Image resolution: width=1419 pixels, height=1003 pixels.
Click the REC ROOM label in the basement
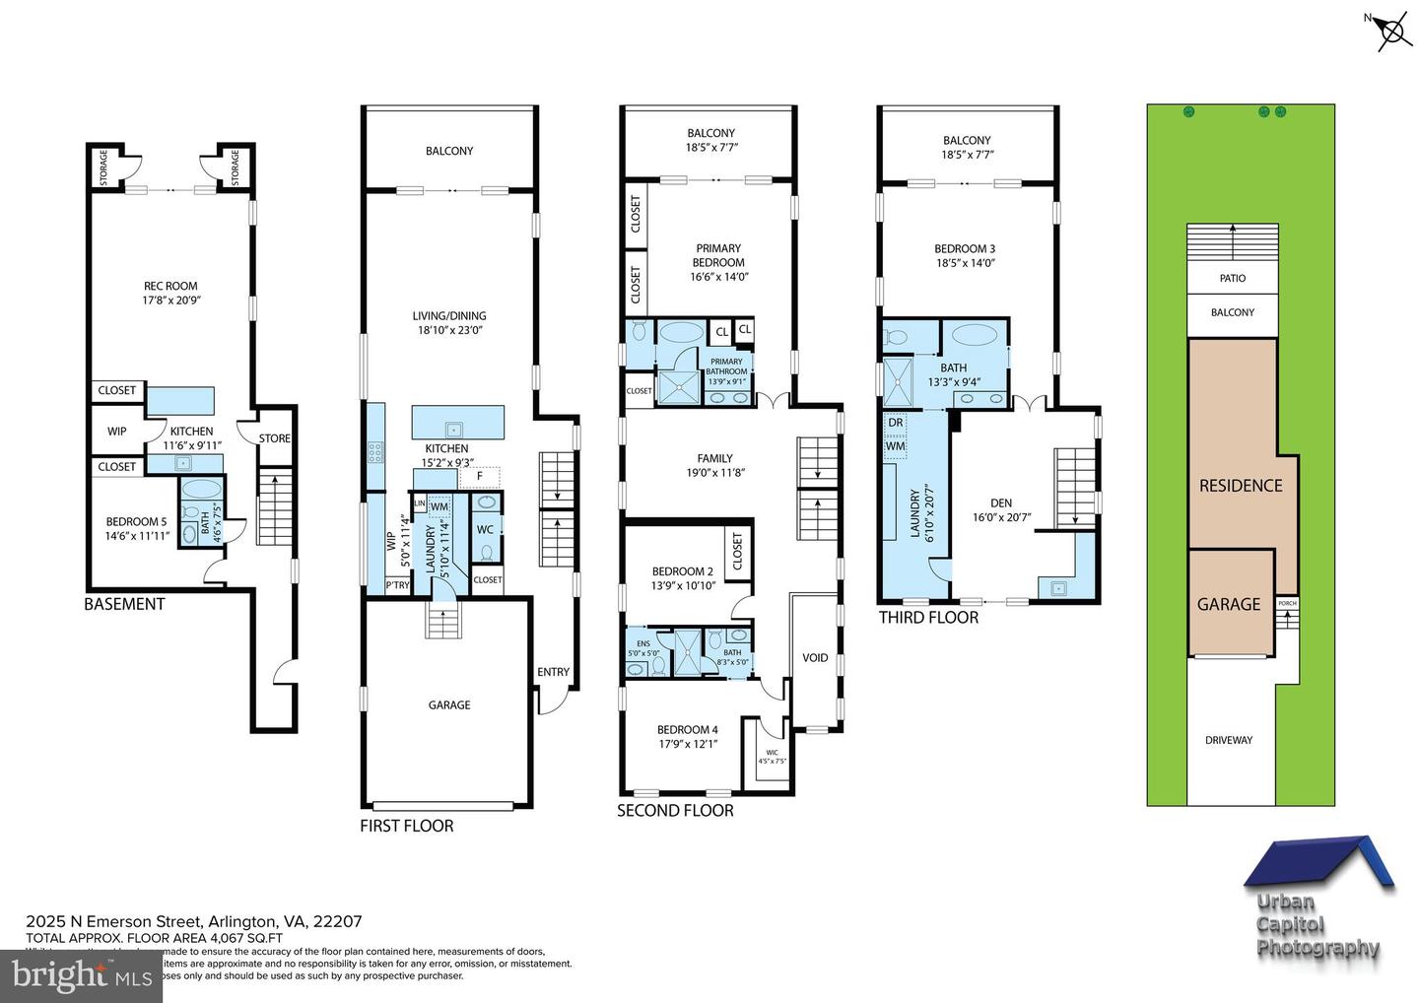(x=169, y=287)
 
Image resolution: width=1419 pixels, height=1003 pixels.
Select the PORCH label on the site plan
(x=1287, y=603)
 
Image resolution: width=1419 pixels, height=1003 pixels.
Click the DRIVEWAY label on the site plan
(x=1229, y=740)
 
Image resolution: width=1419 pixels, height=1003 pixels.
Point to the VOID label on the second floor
(x=815, y=658)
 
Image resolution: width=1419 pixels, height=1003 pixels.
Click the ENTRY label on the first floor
(x=553, y=672)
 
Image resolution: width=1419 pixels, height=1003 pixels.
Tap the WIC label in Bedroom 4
(x=772, y=753)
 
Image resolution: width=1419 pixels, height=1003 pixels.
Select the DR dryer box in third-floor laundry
(x=895, y=423)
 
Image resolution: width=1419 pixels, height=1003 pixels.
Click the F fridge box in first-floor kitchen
(x=480, y=476)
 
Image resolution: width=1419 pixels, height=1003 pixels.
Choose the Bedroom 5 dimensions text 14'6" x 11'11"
(x=137, y=536)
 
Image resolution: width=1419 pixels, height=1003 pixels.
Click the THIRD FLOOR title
(x=928, y=618)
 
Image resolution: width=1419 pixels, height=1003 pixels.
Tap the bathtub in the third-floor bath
(x=975, y=333)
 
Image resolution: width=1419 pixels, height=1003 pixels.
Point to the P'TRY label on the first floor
(x=397, y=585)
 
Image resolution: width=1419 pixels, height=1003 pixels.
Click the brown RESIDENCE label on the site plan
(x=1241, y=486)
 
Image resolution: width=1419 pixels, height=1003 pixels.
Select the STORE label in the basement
(x=275, y=438)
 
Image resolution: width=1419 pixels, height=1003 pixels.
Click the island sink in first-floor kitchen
(x=454, y=429)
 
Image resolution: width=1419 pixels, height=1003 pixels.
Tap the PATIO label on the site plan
(x=1233, y=279)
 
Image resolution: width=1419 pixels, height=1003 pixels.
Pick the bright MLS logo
(x=81, y=976)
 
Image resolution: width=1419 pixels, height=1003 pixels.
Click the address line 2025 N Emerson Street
(x=194, y=922)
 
